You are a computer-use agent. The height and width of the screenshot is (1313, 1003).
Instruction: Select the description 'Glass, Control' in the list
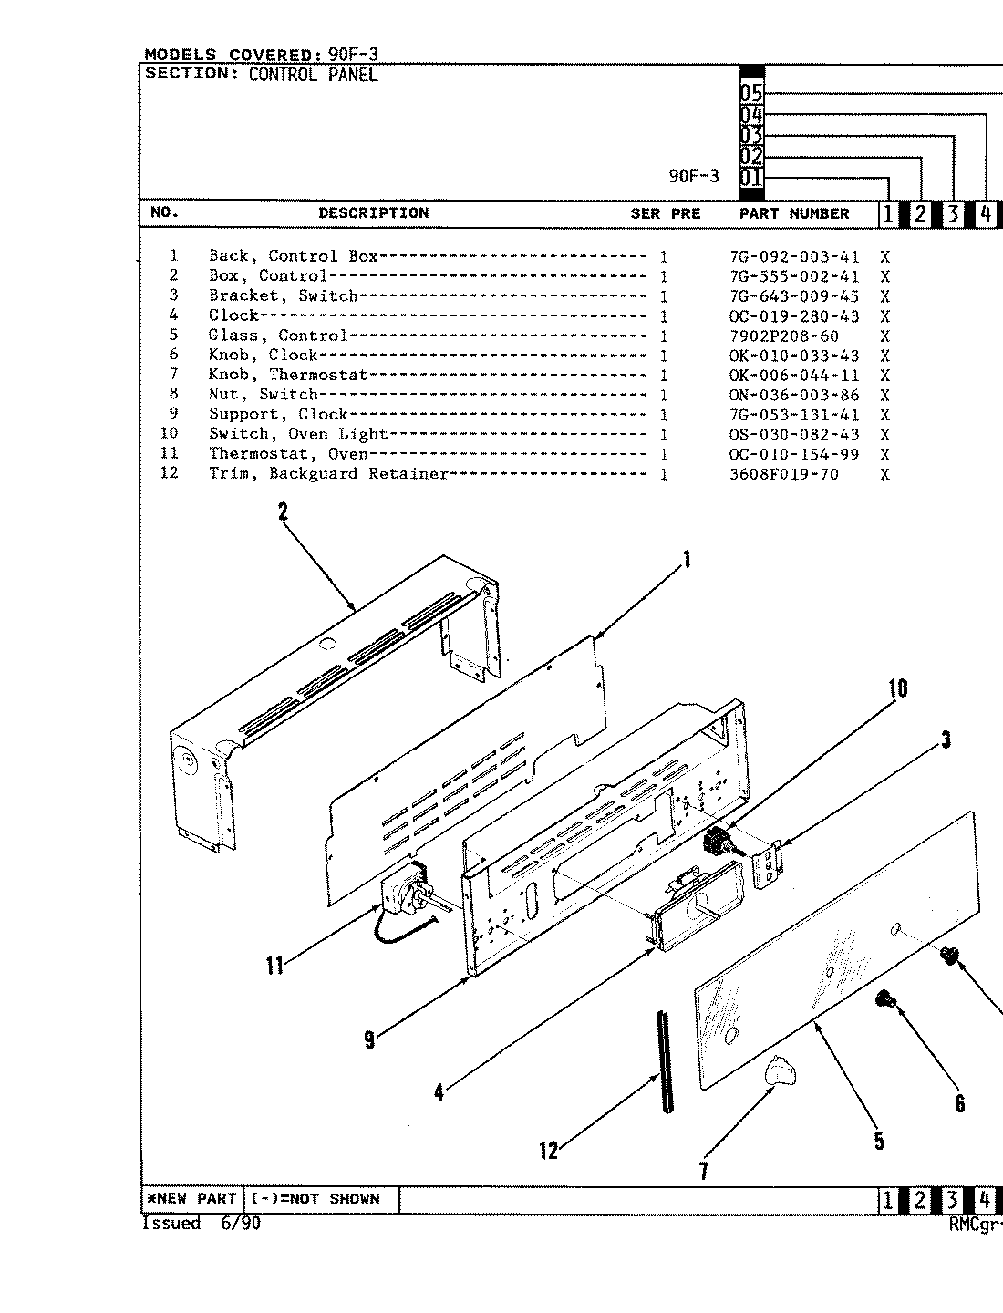click(x=278, y=336)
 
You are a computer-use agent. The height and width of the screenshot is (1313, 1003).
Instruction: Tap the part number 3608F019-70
click(x=783, y=474)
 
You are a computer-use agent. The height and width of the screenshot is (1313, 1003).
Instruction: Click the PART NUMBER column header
click(x=793, y=213)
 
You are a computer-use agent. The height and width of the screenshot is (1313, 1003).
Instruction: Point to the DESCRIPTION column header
click(x=373, y=213)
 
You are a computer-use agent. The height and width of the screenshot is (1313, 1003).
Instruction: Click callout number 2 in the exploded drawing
click(x=283, y=512)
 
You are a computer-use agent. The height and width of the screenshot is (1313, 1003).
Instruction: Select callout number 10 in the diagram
click(x=898, y=688)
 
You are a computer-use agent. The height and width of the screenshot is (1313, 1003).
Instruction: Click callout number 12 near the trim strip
click(x=548, y=1151)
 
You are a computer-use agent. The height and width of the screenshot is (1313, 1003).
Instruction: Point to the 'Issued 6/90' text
click(x=201, y=1224)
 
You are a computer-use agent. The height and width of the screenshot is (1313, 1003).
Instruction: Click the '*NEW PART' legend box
click(x=191, y=1199)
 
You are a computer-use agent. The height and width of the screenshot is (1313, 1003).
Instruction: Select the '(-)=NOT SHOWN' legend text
click(x=315, y=1199)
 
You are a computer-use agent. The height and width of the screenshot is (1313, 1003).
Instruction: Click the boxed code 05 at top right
click(x=750, y=93)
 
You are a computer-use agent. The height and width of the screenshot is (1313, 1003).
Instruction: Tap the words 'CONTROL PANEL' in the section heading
click(x=313, y=75)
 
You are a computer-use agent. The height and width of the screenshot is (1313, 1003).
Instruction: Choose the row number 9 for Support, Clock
click(x=173, y=414)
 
